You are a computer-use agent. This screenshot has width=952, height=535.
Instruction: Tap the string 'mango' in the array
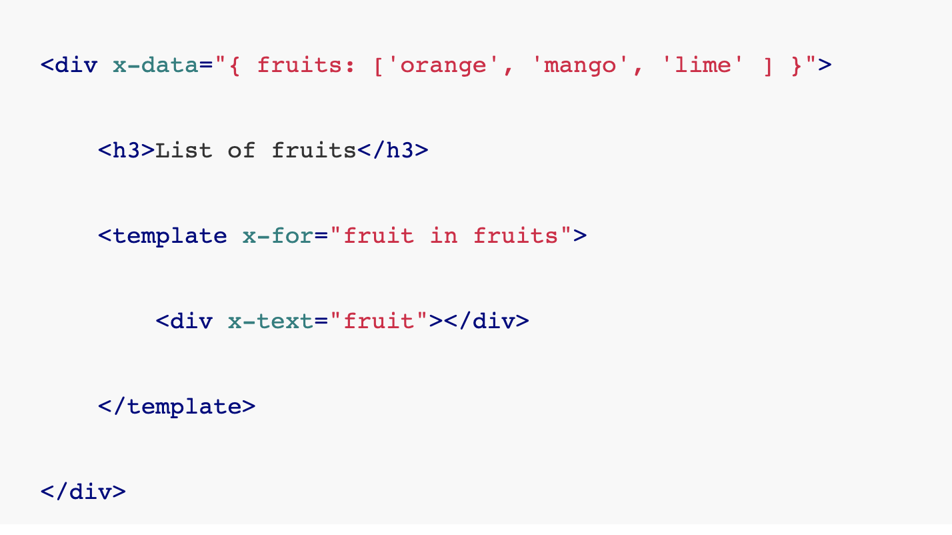coord(579,65)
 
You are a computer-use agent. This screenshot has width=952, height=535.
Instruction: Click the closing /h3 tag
coord(393,151)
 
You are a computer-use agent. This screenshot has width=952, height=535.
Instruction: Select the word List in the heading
coord(184,151)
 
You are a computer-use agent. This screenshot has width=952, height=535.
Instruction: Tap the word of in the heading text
coord(241,151)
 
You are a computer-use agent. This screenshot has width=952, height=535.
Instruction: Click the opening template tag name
coord(169,236)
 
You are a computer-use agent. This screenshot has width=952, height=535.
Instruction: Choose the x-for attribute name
coord(270,236)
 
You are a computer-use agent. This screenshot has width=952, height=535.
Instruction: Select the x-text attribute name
coord(270,322)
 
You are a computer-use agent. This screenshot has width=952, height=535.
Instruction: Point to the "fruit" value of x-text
coord(385,322)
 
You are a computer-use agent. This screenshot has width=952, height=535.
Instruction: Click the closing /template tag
coord(177,407)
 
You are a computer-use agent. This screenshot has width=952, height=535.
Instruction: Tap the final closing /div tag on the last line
coord(83,492)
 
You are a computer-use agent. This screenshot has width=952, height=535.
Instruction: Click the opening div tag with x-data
coord(69,65)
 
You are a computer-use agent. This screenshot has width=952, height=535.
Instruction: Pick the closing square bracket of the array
coord(767,65)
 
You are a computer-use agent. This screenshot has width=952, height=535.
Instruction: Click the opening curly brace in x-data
coord(234,65)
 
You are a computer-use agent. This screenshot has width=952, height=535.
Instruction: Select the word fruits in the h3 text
coord(313,151)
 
